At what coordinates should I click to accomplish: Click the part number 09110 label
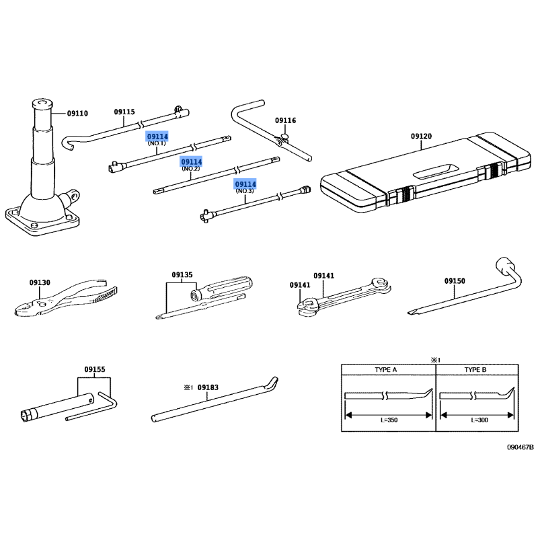coord(77,113)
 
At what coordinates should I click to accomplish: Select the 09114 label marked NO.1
coord(157,136)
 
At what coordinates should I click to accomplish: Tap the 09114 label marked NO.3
coord(245,184)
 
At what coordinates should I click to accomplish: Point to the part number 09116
coord(285,120)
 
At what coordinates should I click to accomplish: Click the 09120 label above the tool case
coord(421,137)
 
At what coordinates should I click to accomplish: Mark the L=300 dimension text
coord(478,420)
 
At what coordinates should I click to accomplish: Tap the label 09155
coord(95,369)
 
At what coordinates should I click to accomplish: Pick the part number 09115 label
coord(124,112)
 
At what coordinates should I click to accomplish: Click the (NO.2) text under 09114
coord(191,169)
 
